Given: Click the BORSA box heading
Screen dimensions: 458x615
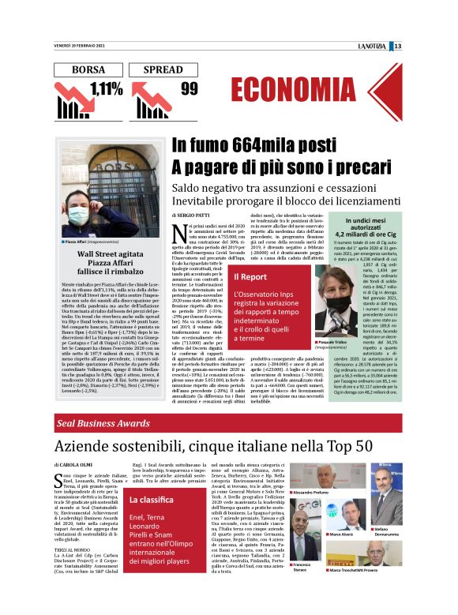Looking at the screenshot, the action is tap(88, 69).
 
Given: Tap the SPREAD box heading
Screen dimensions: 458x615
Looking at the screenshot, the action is tap(167, 69).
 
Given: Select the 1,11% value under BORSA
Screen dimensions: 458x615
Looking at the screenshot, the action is tap(107, 88).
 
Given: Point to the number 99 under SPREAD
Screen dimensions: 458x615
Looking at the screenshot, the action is tap(189, 88).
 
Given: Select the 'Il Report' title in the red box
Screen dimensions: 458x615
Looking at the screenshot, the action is tap(250, 277).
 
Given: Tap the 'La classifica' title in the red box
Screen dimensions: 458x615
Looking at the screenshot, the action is tap(152, 501).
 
